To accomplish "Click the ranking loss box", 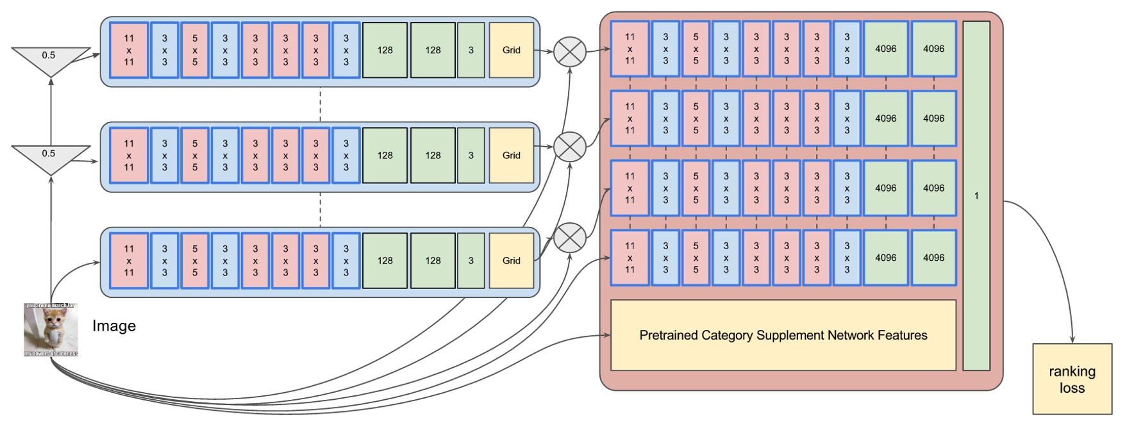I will (1071, 379).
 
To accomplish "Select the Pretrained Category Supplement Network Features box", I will (783, 335).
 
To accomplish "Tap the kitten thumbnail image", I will (51, 330).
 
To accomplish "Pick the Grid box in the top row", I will (511, 50).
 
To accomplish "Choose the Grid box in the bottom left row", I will (511, 260).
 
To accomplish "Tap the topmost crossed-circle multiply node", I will (569, 52).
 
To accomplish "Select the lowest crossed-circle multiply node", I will (569, 238).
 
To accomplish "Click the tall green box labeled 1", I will (976, 195).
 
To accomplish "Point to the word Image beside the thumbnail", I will (114, 326).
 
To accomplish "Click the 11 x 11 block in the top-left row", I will (129, 50).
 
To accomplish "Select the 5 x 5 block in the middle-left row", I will (195, 155).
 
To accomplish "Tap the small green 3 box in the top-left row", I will (471, 50).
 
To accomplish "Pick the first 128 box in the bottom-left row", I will (385, 260).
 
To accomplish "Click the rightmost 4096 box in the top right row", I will (933, 49).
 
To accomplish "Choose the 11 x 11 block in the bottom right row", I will (630, 258).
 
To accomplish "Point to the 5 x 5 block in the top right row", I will (696, 49).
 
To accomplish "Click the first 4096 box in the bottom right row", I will (885, 258).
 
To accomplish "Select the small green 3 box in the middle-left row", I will (471, 155).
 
